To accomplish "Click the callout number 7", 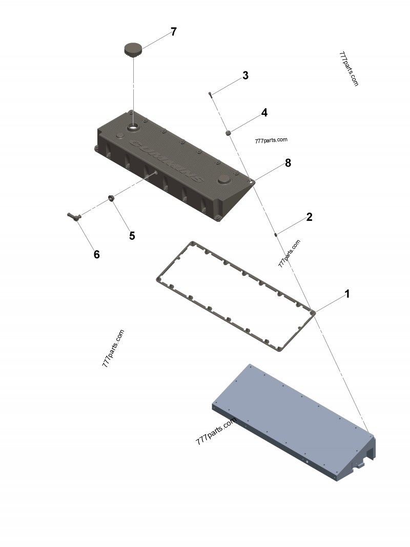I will point(173,32).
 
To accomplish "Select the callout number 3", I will point(245,76).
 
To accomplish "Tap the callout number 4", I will point(264,113).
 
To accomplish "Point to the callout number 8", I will point(288,163).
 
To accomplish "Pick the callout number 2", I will point(309,217).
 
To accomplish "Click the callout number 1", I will point(347,294).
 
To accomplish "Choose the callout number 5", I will point(132,236).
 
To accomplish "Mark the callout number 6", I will point(96,254).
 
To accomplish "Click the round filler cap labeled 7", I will point(133,49).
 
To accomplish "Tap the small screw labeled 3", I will point(210,94).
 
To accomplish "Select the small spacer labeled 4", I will point(229,133).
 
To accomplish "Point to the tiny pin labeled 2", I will point(276,235).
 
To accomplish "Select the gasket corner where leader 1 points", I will point(313,311).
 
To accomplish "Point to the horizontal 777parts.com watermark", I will point(271,140).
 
